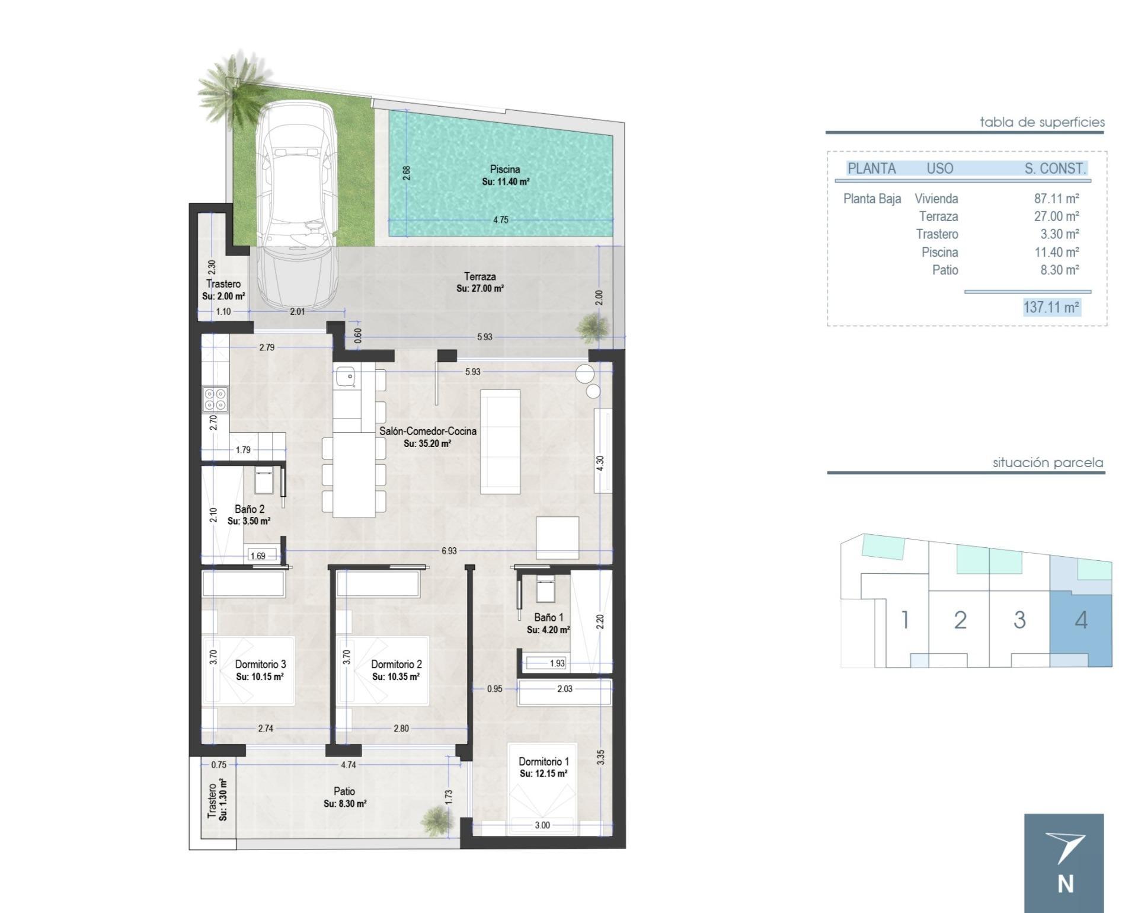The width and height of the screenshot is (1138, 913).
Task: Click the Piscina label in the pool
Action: [505, 169]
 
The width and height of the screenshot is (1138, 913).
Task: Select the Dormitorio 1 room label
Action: [544, 761]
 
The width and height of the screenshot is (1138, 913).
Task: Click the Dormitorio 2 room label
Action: [397, 664]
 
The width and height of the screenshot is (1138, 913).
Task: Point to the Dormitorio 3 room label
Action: [260, 664]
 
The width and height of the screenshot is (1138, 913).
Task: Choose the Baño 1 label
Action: [548, 617]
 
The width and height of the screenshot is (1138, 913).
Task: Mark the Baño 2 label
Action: [250, 509]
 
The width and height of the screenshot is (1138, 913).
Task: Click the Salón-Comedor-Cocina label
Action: [428, 431]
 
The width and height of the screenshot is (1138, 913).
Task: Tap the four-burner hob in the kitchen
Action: [215, 399]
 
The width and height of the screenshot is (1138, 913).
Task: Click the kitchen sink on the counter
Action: [345, 376]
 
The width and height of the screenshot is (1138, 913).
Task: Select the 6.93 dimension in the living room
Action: [449, 551]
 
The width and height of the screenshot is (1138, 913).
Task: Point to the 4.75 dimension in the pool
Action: [501, 220]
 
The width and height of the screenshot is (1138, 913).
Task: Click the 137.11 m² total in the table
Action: [1051, 307]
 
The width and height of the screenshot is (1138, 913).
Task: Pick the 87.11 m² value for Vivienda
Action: [1056, 199]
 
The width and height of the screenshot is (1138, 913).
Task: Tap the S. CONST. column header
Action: [1055, 168]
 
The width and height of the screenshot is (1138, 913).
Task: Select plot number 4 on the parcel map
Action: [1081, 620]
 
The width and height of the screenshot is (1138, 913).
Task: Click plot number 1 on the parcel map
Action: [905, 620]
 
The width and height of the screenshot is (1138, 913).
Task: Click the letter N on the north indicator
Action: [1066, 884]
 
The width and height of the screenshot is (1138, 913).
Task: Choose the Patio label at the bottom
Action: [344, 791]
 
